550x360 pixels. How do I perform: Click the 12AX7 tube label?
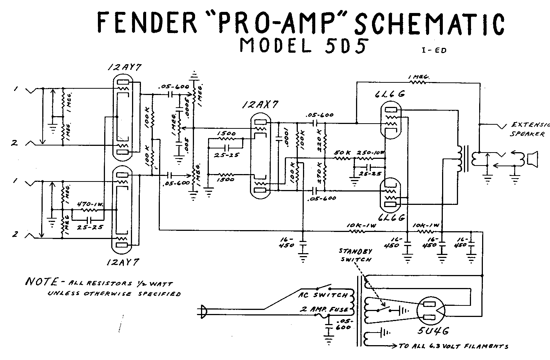[260, 105]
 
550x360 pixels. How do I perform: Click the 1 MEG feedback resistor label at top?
[419, 77]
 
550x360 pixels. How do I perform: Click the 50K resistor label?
[342, 153]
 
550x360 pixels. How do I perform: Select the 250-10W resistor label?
[371, 153]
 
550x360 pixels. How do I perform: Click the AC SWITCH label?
[323, 295]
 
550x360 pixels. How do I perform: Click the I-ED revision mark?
[434, 50]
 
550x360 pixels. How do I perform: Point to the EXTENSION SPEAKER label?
[530, 129]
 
